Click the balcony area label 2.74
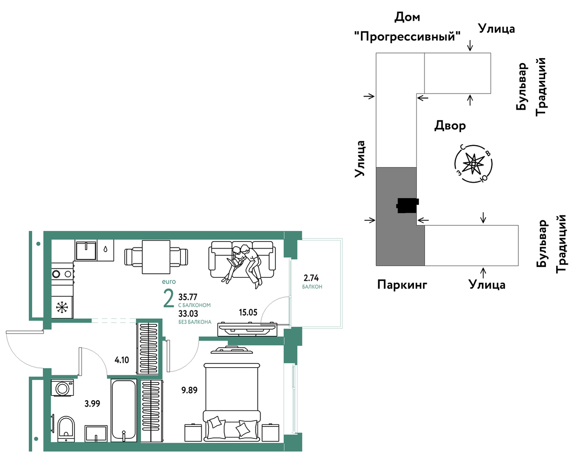(311, 277)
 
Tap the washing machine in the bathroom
(62, 388)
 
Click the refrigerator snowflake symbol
(62, 307)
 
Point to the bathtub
(124, 410)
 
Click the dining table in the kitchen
(156, 257)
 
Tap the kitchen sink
(86, 251)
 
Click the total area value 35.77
(188, 297)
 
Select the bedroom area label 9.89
(189, 390)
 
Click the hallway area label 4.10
(122, 360)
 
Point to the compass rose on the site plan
(473, 163)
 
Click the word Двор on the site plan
(450, 126)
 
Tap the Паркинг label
(402, 285)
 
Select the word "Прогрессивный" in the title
(407, 36)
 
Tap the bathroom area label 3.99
(92, 404)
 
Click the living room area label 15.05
(248, 312)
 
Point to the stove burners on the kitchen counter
(62, 274)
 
